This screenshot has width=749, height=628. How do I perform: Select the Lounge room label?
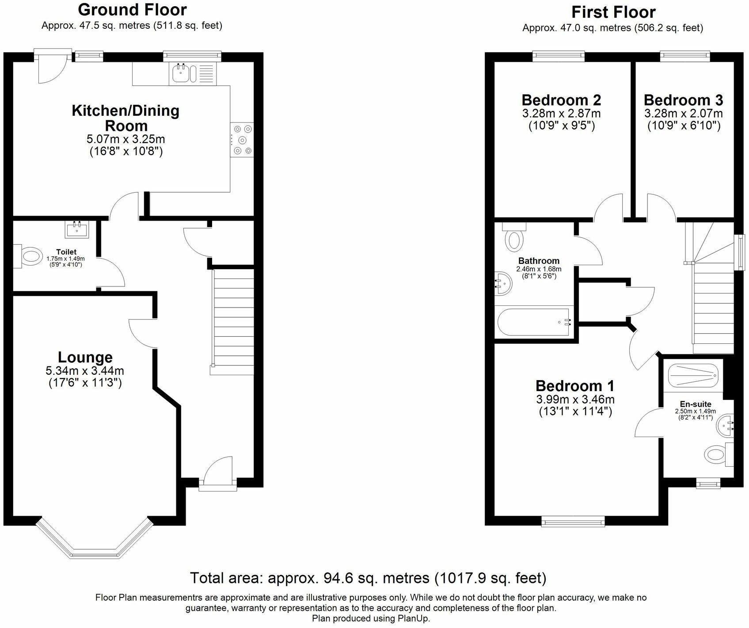[85, 357]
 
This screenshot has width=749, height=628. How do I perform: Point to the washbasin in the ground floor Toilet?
[77, 229]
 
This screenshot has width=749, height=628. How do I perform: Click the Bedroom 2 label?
[561, 100]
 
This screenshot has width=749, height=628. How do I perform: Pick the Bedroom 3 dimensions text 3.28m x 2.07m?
[684, 114]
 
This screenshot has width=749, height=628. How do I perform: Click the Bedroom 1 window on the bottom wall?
[573, 523]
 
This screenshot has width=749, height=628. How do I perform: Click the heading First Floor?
[613, 11]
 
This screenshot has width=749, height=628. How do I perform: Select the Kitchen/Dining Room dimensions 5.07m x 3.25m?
[125, 139]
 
